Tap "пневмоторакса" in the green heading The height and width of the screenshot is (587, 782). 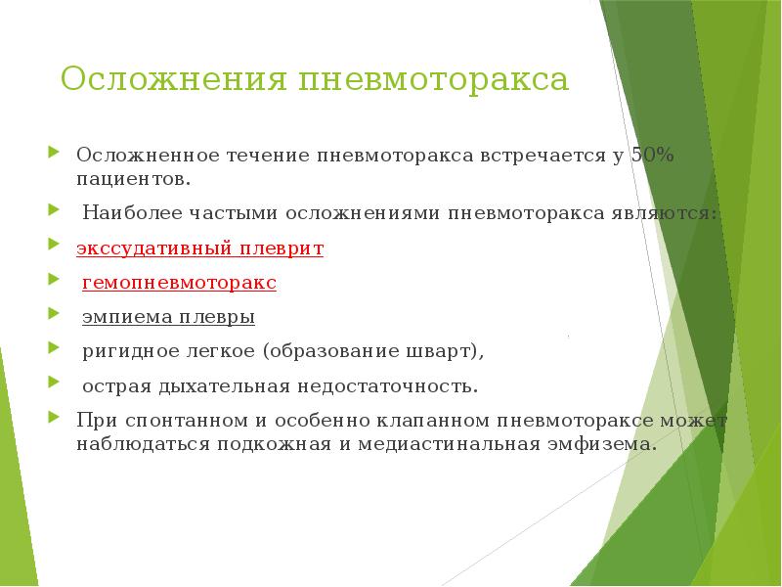click(x=434, y=79)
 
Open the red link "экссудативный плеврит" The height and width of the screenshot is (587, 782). click(x=200, y=248)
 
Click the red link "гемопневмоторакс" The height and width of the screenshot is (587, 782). click(x=179, y=283)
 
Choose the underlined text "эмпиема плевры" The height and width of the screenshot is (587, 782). click(x=168, y=317)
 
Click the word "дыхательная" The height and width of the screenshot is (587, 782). click(x=231, y=385)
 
